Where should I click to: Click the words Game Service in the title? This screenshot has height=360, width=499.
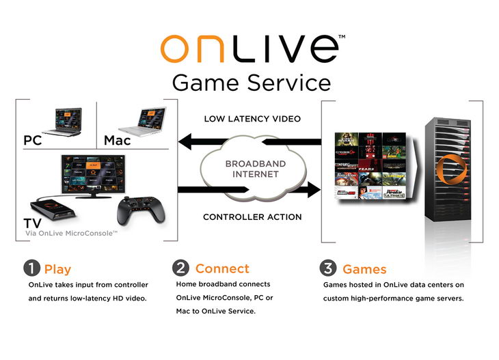251,83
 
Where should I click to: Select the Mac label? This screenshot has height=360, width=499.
117,141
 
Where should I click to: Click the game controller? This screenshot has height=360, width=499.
140,208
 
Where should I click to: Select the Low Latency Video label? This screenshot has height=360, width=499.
252,119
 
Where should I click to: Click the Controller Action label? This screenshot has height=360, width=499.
252,218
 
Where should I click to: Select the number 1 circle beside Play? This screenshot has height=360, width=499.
34,269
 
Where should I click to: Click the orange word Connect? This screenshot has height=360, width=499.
222,268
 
